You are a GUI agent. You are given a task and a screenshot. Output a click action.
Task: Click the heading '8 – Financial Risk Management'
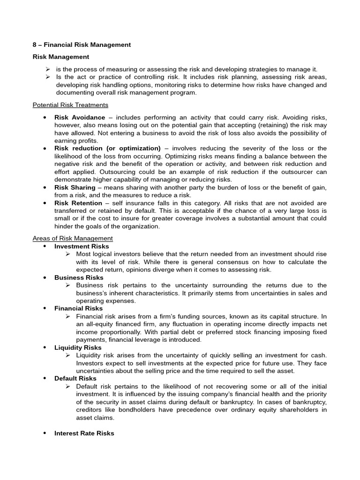point(82,45)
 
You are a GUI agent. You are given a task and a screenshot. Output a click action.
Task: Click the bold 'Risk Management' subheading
point(60,57)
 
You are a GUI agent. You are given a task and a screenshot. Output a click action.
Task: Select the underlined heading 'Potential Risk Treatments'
point(70,105)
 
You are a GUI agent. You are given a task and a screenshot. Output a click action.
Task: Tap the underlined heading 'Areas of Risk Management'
point(73,239)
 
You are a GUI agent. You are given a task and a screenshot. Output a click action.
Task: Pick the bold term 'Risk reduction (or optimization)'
point(107,149)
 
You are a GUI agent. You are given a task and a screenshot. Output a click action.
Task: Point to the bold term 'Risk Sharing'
point(74,187)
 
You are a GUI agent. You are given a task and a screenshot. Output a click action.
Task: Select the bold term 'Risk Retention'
point(78,203)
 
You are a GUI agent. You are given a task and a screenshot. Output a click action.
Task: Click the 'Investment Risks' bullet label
point(82,247)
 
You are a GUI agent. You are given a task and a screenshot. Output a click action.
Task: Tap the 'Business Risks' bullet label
point(79,277)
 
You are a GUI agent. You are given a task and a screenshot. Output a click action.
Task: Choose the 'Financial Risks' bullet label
point(78,308)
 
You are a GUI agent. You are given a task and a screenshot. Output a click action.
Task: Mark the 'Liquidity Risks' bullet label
point(78,348)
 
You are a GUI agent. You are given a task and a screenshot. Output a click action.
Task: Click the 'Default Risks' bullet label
point(75,378)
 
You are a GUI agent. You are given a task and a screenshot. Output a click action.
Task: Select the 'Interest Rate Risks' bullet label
point(84,434)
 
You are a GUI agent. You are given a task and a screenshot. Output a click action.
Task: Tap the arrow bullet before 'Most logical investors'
point(68,254)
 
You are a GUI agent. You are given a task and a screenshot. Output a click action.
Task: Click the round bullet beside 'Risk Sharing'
point(44,187)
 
